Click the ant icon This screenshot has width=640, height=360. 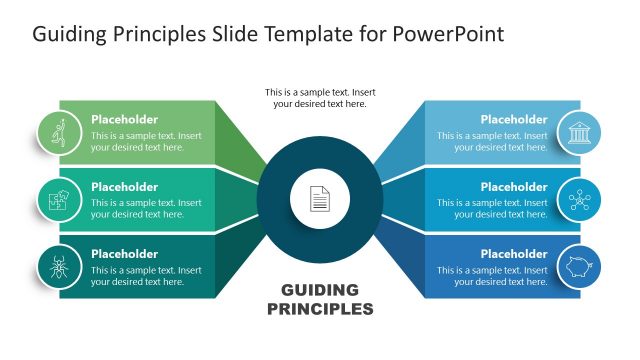click(x=58, y=267)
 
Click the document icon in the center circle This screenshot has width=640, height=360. click(x=319, y=199)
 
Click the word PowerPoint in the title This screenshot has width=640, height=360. click(x=450, y=35)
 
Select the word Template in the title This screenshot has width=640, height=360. click(x=305, y=35)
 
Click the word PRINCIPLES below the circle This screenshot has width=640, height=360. click(x=320, y=309)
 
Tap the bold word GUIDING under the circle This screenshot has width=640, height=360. click(x=320, y=290)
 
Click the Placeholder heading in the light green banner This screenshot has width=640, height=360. click(x=124, y=119)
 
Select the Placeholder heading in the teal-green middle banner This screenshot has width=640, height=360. click(x=124, y=186)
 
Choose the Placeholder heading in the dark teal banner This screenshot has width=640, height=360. click(x=124, y=253)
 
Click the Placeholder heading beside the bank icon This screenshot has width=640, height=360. click(x=514, y=119)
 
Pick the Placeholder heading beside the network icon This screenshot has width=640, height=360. click(x=514, y=186)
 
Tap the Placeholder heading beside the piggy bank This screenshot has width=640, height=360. click(x=514, y=253)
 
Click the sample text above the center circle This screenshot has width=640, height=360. click(x=319, y=97)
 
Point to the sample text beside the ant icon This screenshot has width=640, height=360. click(x=146, y=276)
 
